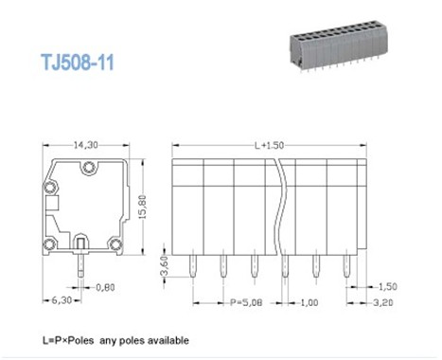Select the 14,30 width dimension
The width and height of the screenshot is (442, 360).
(86, 145)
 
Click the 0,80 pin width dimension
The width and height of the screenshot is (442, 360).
(104, 286)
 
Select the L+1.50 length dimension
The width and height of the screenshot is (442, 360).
(269, 145)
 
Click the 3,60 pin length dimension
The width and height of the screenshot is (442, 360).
(164, 261)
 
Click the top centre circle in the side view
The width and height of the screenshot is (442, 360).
(89, 169)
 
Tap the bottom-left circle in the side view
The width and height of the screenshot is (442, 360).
(53, 243)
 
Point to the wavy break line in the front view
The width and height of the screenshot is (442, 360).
(282, 204)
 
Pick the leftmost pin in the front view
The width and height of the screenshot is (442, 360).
(193, 267)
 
